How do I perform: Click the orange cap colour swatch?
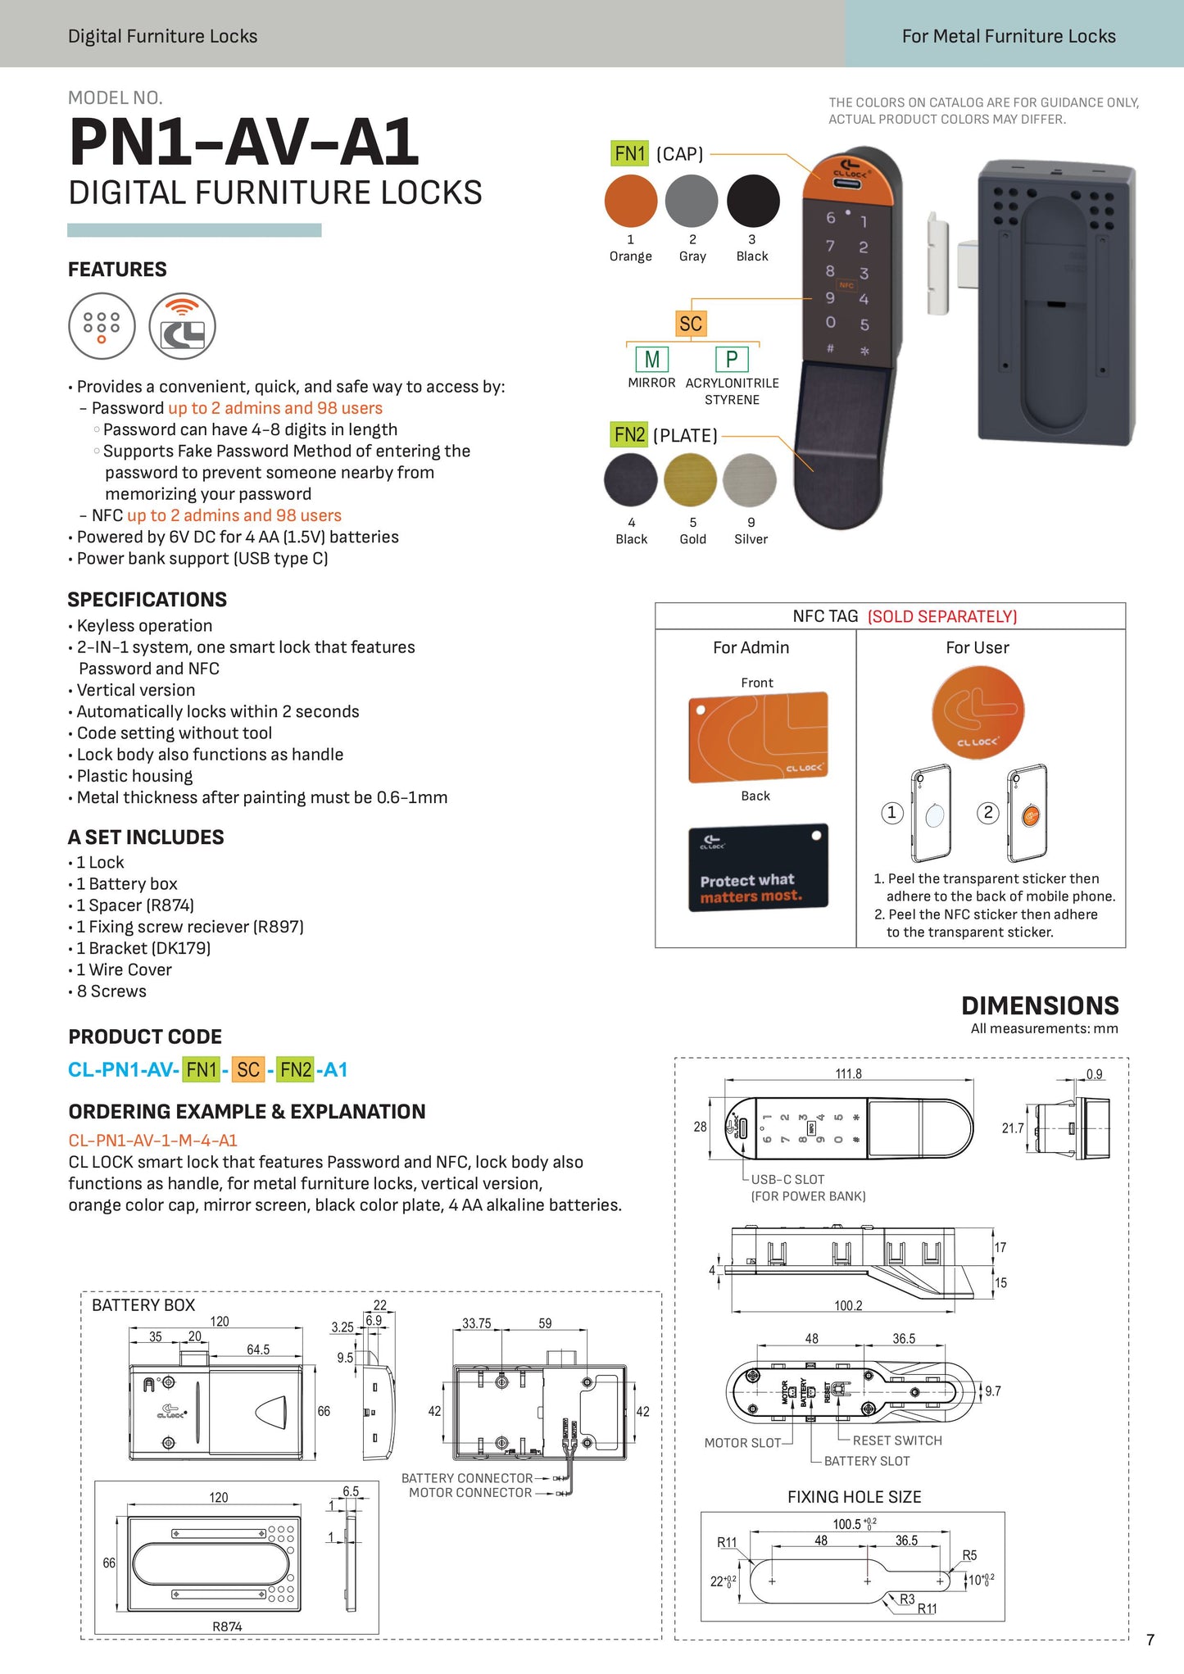(x=630, y=201)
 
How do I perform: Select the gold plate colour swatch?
(x=691, y=480)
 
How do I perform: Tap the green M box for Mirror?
(x=652, y=359)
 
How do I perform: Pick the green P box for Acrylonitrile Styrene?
(x=732, y=359)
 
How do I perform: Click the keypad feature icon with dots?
(x=102, y=326)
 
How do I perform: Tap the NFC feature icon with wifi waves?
(x=182, y=326)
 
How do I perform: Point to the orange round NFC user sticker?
(x=978, y=712)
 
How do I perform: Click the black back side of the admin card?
(x=758, y=867)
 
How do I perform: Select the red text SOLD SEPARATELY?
(x=942, y=616)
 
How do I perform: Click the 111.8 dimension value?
(x=848, y=1073)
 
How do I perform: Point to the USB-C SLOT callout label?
(x=787, y=1179)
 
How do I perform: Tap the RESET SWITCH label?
(x=897, y=1440)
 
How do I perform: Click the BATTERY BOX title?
(x=143, y=1305)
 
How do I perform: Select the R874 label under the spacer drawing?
(x=227, y=1626)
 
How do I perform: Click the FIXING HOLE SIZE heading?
(x=854, y=1497)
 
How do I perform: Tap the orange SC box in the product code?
(x=247, y=1069)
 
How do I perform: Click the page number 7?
(x=1150, y=1640)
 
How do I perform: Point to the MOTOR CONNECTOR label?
(x=470, y=1493)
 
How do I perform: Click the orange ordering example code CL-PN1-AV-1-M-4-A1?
(x=153, y=1140)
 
